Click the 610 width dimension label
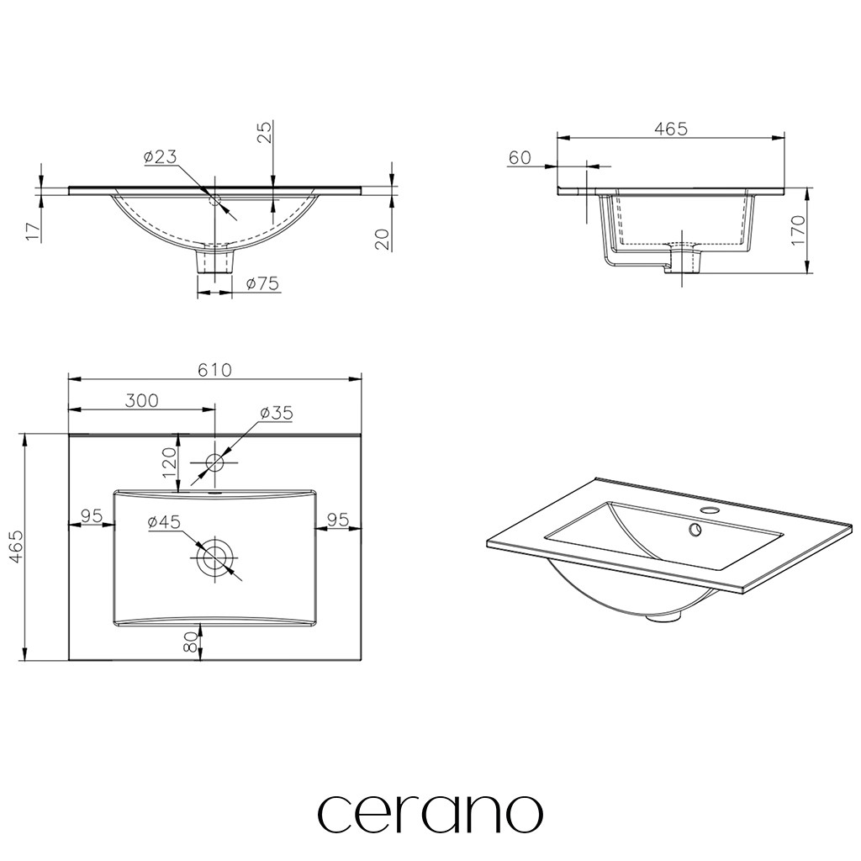214,370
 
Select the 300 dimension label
141,400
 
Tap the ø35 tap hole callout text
277,412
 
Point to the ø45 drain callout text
164,521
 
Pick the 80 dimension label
190,642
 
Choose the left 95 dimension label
92,516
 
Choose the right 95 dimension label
338,519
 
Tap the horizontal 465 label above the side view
671,129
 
